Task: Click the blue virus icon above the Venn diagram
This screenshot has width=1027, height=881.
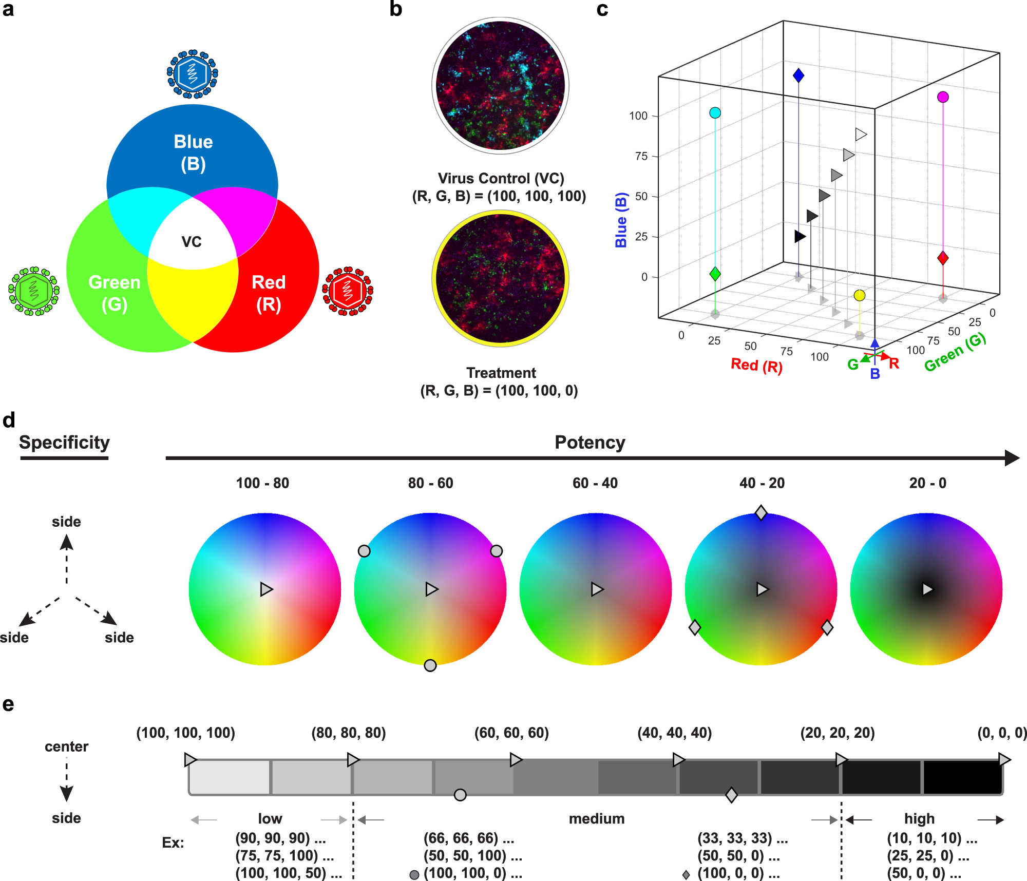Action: click(x=193, y=74)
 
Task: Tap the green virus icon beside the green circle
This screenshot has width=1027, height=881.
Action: click(x=34, y=291)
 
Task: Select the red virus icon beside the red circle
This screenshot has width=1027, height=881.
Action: click(x=348, y=291)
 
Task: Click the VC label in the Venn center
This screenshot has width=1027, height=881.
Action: click(x=192, y=242)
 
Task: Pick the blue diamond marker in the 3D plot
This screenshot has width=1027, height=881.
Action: click(x=798, y=75)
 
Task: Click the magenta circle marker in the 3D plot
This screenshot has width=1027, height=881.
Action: click(x=943, y=97)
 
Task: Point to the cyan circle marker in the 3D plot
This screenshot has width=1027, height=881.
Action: click(x=715, y=113)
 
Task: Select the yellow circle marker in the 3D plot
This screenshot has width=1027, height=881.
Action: click(x=860, y=295)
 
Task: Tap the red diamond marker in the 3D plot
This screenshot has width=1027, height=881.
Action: click(x=943, y=258)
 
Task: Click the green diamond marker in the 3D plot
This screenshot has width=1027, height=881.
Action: click(x=715, y=274)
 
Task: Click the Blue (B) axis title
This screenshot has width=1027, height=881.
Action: click(x=621, y=220)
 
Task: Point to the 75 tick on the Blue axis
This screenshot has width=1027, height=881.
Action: click(x=641, y=156)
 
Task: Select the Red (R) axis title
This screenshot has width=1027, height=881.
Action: click(x=756, y=366)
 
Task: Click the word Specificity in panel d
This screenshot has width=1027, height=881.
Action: click(x=64, y=443)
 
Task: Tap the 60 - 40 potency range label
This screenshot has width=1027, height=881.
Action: click(x=595, y=483)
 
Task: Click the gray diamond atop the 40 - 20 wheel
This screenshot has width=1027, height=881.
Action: click(x=761, y=512)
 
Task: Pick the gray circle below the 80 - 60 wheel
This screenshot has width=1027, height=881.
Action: click(x=430, y=665)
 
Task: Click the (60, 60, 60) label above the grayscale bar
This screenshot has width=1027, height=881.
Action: click(x=511, y=733)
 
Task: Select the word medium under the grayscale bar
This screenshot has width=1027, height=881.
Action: click(x=597, y=819)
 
